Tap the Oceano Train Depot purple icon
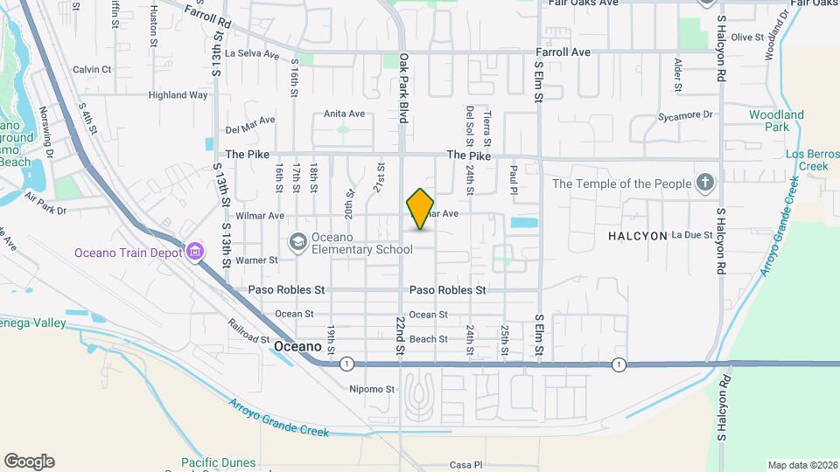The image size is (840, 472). [x=194, y=253]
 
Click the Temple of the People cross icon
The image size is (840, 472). [x=706, y=184]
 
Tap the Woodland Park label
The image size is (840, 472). [x=776, y=121]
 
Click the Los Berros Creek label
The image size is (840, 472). [x=806, y=160]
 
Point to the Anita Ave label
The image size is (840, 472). [x=344, y=114]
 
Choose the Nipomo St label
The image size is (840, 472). [x=367, y=389]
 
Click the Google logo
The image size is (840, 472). [x=29, y=462]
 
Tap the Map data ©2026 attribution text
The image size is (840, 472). [x=801, y=465]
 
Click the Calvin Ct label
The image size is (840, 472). [x=92, y=69]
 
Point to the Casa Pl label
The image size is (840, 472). [x=465, y=464]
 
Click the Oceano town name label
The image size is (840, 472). [x=297, y=346]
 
